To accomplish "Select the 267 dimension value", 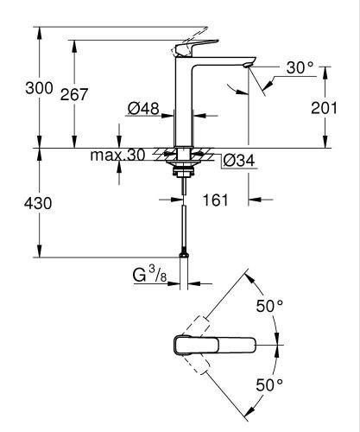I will (74, 95).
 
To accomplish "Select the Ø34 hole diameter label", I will (237, 160).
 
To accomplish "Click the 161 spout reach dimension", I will (216, 200).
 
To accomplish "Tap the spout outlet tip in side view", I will (249, 63).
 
